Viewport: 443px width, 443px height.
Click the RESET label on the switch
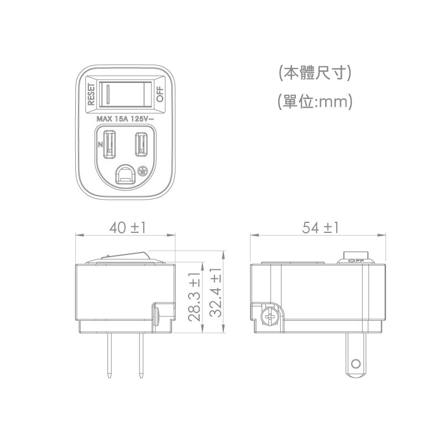coord(91,95)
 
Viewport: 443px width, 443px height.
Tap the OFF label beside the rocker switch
coord(160,95)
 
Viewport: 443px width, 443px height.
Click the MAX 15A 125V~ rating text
coord(126,119)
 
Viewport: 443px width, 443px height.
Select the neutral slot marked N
coord(109,144)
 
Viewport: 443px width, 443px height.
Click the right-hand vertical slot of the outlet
coord(141,144)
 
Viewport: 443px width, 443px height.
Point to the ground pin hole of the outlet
coord(125,175)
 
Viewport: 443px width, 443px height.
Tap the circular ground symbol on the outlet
coord(143,171)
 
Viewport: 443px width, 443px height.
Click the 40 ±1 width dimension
coord(127,228)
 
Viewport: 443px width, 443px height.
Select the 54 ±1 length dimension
coord(320,228)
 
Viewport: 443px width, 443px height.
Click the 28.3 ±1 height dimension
coord(194,296)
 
